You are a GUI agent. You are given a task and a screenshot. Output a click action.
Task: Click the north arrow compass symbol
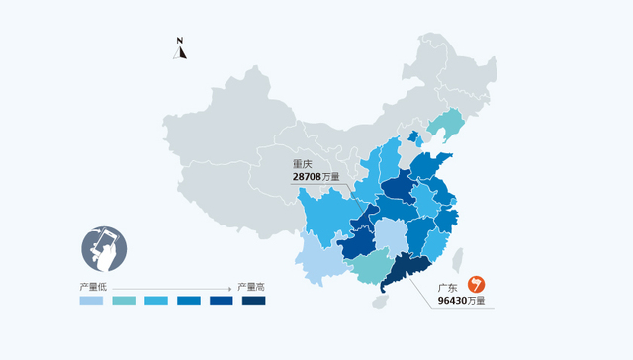click(x=180, y=48)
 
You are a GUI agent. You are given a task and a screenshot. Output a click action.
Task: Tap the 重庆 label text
click(x=303, y=164)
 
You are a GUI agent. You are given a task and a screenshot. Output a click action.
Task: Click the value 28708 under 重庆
click(x=308, y=177)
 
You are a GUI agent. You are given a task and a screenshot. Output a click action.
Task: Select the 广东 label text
click(x=448, y=288)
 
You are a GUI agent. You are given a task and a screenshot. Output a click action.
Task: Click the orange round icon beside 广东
click(x=477, y=285)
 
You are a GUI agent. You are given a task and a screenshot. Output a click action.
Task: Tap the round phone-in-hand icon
click(x=105, y=249)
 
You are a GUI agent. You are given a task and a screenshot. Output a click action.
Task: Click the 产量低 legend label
click(x=93, y=287)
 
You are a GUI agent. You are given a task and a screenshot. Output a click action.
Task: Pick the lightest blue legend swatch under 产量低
click(x=93, y=301)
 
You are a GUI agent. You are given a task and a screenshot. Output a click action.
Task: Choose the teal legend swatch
click(x=125, y=301)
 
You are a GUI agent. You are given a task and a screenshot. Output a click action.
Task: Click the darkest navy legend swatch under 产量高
click(x=253, y=301)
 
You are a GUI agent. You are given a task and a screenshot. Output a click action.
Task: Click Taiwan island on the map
click(x=458, y=259)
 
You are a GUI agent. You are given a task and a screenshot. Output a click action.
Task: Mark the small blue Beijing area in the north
click(x=412, y=136)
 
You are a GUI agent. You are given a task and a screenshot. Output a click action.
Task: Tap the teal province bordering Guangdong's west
click(x=368, y=264)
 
